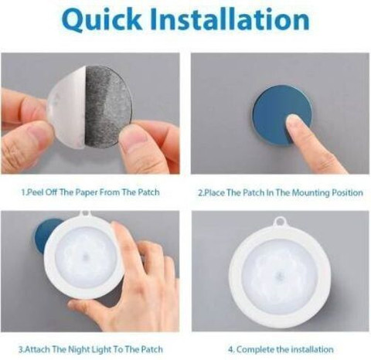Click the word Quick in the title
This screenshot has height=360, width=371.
point(102,20)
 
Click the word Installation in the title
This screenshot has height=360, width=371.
point(230,19)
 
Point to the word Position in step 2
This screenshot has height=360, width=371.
point(347,193)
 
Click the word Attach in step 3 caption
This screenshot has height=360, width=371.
point(38,349)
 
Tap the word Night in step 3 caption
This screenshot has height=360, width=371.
point(78,350)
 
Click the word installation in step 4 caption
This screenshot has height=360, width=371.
point(312,349)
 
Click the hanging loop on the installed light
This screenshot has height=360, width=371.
point(279,222)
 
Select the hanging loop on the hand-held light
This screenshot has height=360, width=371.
point(85,214)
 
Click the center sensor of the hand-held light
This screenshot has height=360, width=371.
point(85,258)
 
